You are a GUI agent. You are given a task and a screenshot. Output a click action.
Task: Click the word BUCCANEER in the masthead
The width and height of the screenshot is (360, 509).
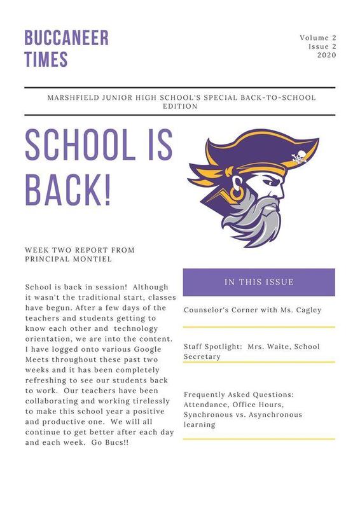[x=66, y=37]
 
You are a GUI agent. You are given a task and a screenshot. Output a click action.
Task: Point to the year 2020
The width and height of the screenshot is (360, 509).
[x=326, y=56]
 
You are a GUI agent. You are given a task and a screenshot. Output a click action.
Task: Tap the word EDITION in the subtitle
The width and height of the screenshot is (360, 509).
[x=180, y=107]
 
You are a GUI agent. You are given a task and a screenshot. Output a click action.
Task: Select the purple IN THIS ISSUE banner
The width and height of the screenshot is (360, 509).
[x=259, y=282]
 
